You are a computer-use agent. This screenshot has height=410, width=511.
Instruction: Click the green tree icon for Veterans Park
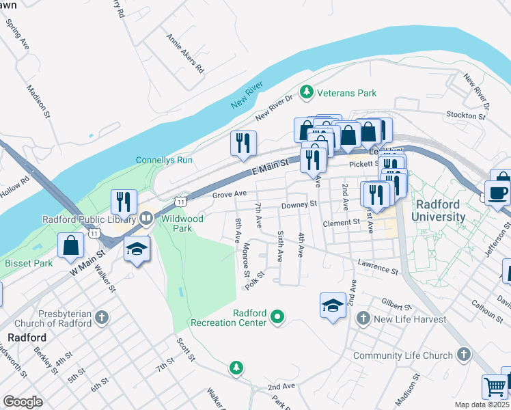(x=307, y=92)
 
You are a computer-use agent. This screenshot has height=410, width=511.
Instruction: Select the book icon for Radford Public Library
(x=145, y=219)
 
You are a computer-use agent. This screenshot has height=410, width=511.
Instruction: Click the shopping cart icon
(x=494, y=387)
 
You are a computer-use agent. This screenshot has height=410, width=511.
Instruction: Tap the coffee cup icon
(x=497, y=192)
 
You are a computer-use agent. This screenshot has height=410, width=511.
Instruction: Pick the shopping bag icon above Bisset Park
(x=70, y=245)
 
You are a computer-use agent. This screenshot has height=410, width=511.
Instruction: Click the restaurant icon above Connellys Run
(x=243, y=142)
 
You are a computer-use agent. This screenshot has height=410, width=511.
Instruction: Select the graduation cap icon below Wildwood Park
(x=137, y=250)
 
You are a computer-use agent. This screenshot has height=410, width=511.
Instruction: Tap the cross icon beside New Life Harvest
(x=363, y=319)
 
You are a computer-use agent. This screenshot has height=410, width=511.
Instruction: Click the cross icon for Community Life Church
(x=463, y=355)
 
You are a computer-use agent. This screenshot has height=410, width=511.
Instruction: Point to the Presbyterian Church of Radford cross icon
(x=101, y=318)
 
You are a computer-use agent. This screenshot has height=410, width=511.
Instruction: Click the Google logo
(x=23, y=402)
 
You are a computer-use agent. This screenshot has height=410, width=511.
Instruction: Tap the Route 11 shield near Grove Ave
(x=180, y=202)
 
